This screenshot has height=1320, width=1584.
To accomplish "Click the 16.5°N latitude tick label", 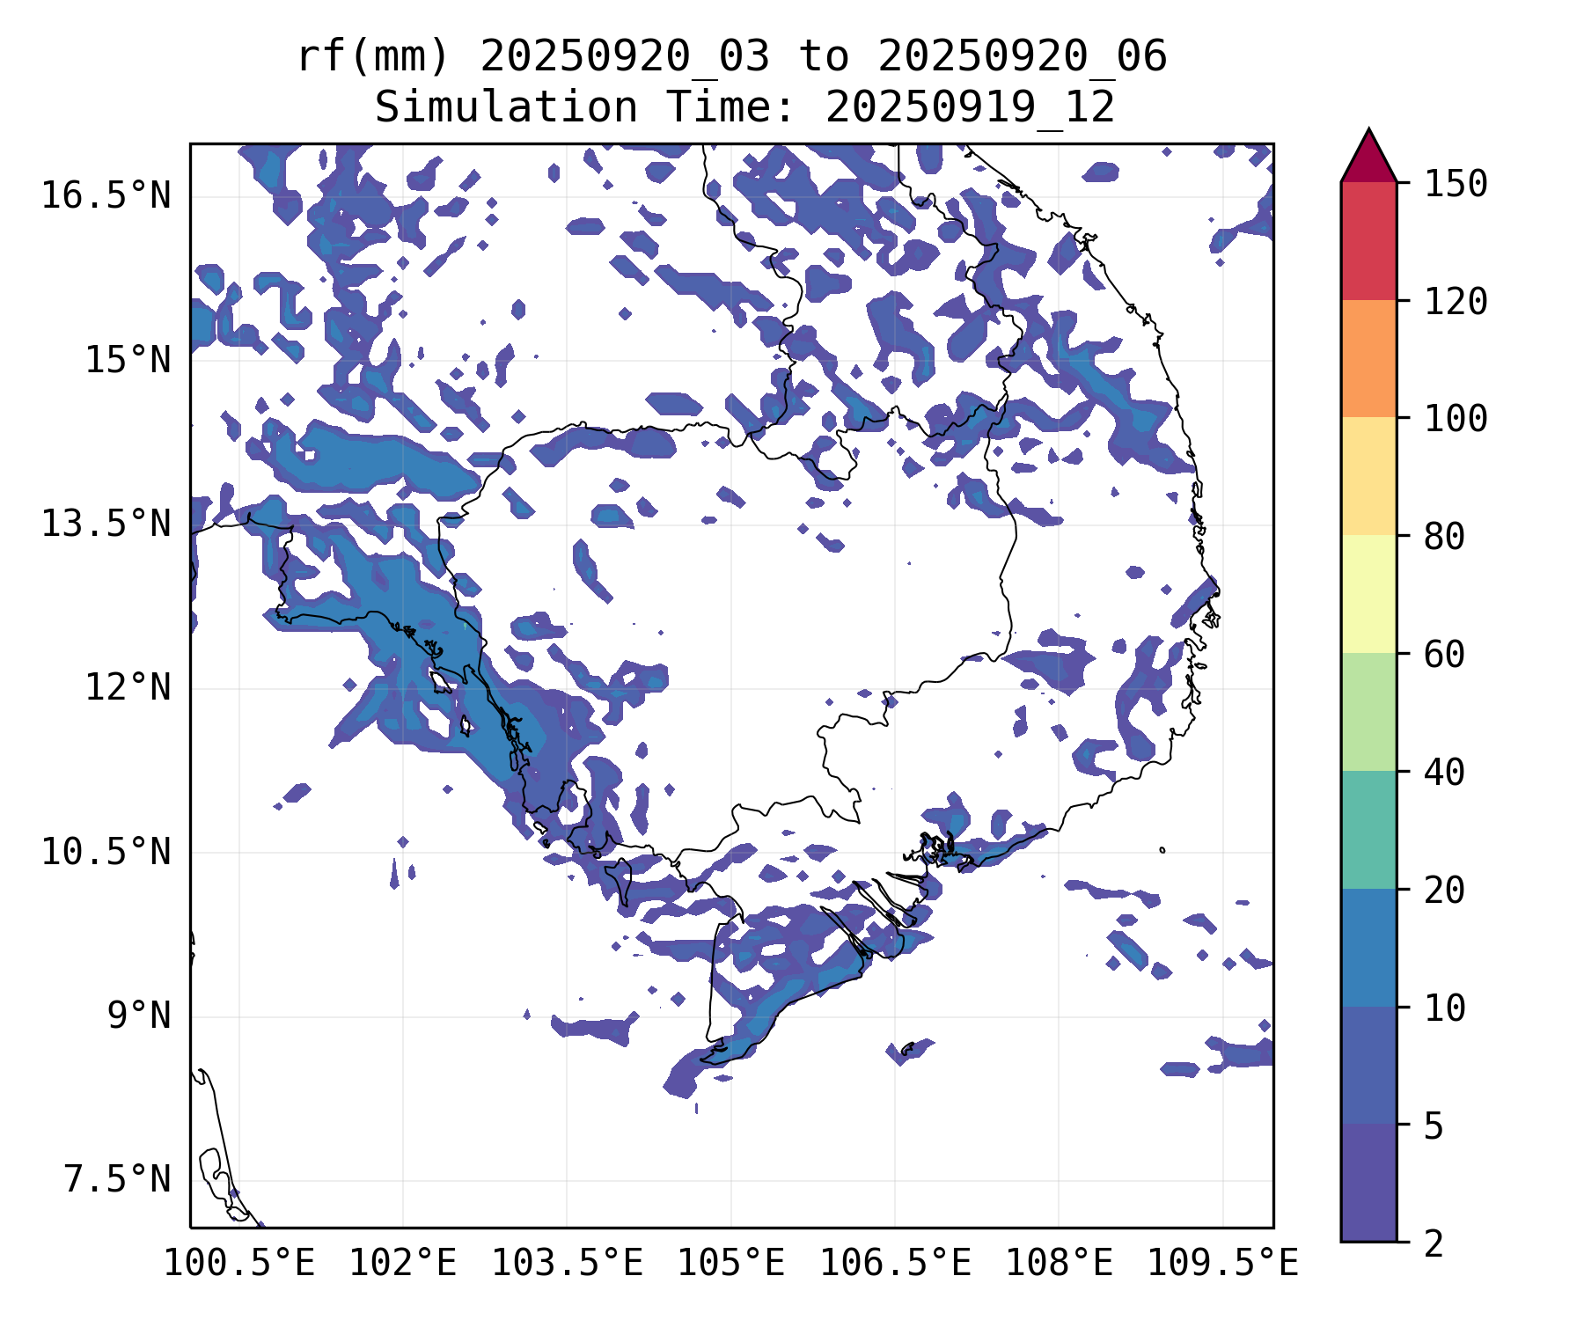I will pyautogui.click(x=106, y=195).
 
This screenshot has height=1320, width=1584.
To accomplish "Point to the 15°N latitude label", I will pyautogui.click(x=127, y=360).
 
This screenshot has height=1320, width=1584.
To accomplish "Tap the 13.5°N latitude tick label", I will pyautogui.click(x=106, y=524).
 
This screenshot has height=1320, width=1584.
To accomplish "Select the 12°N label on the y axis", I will pyautogui.click(x=127, y=687).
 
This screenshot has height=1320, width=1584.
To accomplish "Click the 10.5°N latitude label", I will pyautogui.click(x=106, y=852).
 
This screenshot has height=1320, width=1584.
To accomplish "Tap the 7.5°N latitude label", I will pyautogui.click(x=116, y=1179).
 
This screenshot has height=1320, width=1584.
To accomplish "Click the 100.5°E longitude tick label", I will pyautogui.click(x=239, y=1264).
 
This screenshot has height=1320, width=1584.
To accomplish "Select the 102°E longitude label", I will pyautogui.click(x=403, y=1264).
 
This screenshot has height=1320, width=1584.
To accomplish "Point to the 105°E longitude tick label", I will pyautogui.click(x=730, y=1264).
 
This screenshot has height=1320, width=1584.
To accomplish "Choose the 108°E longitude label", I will pyautogui.click(x=1059, y=1264).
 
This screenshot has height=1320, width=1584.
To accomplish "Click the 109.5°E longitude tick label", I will pyautogui.click(x=1222, y=1264).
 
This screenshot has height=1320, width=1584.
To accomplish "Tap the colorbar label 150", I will pyautogui.click(x=1456, y=184).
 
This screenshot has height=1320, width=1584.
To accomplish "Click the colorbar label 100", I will pyautogui.click(x=1456, y=418).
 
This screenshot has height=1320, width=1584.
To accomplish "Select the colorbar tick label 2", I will pyautogui.click(x=1434, y=1243).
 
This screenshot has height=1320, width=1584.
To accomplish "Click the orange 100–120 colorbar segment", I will pyautogui.click(x=1368, y=358).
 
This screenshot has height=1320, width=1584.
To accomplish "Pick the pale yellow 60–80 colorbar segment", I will pyautogui.click(x=1368, y=594).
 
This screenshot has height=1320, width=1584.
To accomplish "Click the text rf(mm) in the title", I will pyautogui.click(x=373, y=57).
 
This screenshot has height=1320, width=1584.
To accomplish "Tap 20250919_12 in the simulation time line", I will pyautogui.click(x=970, y=108).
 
